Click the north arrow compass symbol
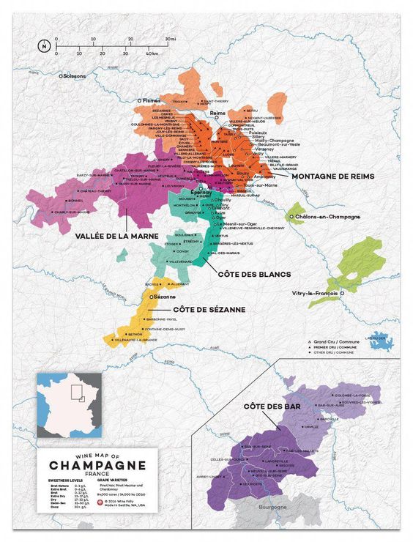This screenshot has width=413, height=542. (44, 46)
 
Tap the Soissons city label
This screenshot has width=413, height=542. (75, 75)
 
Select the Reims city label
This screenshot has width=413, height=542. (217, 114)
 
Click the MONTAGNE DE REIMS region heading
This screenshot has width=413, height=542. (332, 177)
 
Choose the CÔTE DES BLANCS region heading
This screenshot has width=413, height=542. (254, 274)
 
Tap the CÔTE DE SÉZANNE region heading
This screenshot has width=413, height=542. (209, 309)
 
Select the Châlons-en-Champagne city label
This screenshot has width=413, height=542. (327, 218)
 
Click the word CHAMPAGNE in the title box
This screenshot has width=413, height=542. (97, 465)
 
